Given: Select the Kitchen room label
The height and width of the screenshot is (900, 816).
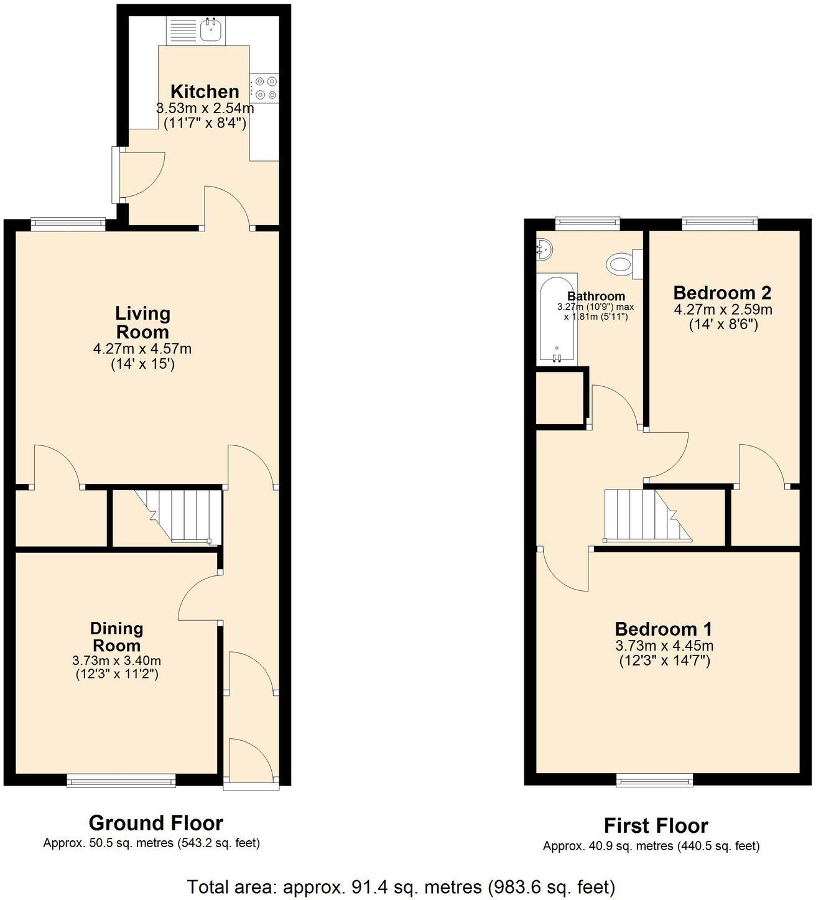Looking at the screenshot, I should coord(205,91).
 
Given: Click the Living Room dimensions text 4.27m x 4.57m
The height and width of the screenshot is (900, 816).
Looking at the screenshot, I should coord(142,349).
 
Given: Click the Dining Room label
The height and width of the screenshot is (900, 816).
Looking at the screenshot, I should coord(117,636).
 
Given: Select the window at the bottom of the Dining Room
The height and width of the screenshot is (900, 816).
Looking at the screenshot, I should coord(121,779).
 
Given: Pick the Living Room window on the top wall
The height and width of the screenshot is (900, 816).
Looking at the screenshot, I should coord(68,224).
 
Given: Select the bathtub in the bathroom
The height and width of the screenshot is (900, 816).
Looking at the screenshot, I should coord(558,320).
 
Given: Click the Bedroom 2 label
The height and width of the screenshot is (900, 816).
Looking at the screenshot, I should coord(722,292).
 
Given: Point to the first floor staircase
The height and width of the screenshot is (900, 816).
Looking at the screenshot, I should coord(647,515).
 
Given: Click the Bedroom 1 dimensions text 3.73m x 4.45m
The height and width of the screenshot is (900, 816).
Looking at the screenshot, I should coord(664,646).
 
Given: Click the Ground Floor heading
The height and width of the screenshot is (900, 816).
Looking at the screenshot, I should coord(155,823).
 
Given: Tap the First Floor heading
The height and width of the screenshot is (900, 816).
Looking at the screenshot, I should coord(656,826).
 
